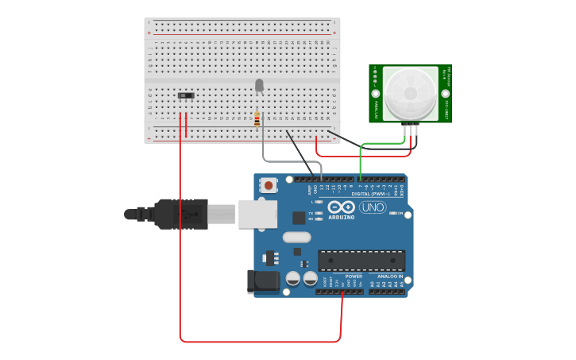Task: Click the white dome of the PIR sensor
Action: click(410, 93)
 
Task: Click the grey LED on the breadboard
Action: click(259, 84)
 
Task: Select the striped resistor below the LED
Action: click(257, 119)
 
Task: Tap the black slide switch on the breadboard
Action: click(186, 96)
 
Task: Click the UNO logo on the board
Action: click(373, 207)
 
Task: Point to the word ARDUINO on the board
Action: click(341, 217)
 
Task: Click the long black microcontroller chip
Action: click(361, 261)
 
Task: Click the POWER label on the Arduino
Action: click(354, 277)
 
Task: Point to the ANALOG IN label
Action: click(390, 277)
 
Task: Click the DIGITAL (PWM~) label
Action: click(372, 193)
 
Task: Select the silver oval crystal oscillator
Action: click(296, 237)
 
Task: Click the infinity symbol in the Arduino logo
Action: click(342, 207)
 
